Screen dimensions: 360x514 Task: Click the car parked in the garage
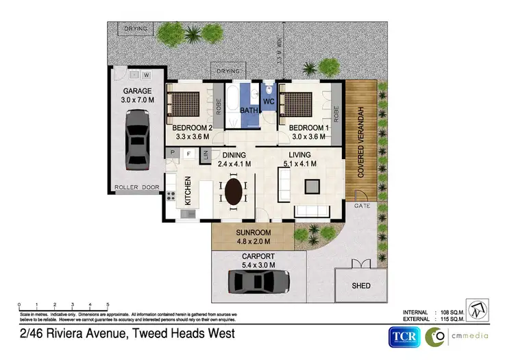[x=137, y=142]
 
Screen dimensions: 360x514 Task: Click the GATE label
[x=362, y=206]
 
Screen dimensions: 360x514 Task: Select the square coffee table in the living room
[x=313, y=185]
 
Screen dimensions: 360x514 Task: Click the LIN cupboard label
[x=206, y=156]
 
